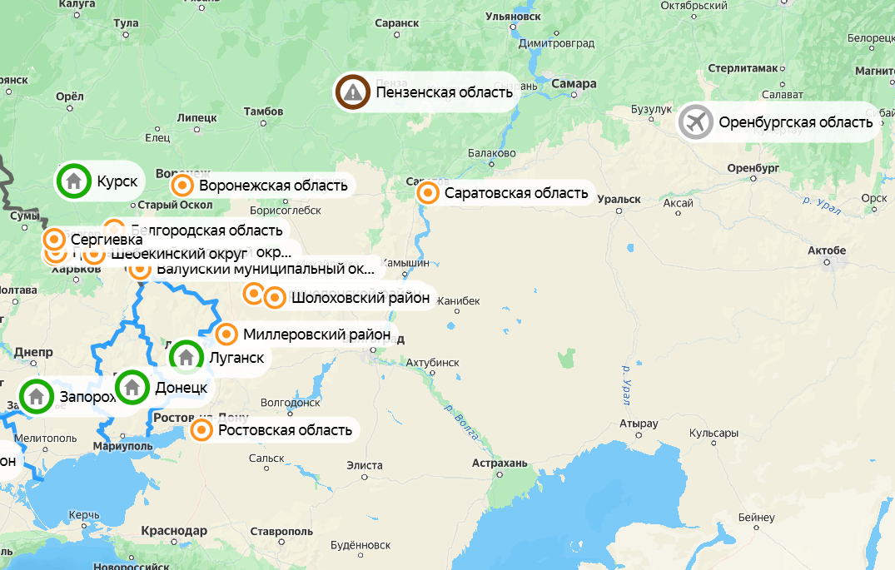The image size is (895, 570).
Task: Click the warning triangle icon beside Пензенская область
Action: [353, 92]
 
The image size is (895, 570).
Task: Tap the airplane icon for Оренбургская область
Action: [696, 122]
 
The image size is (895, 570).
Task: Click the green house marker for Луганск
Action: [186, 357]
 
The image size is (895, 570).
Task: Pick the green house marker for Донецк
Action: [132, 386]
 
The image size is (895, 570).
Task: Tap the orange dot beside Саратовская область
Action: [428, 193]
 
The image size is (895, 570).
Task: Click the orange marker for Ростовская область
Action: [201, 430]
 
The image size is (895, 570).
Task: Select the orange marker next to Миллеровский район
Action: [226, 335]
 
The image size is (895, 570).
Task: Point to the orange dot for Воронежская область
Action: [182, 185]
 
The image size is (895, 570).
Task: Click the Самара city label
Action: [574, 84]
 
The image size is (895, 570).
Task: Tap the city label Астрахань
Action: [500, 463]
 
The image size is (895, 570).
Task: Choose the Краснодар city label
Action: [174, 531]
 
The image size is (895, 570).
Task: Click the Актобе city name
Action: [827, 250]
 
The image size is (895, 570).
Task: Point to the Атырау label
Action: [639, 424]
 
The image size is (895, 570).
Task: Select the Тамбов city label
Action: [263, 111]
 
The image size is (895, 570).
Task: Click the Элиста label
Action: [365, 465]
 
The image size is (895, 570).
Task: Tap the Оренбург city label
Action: [752, 167]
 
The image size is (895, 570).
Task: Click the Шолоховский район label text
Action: [360, 297]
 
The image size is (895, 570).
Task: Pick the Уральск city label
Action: [619, 199]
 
